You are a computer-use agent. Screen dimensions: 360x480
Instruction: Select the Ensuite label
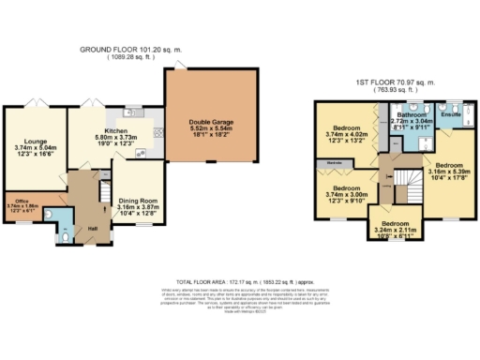click(x=452, y=113)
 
